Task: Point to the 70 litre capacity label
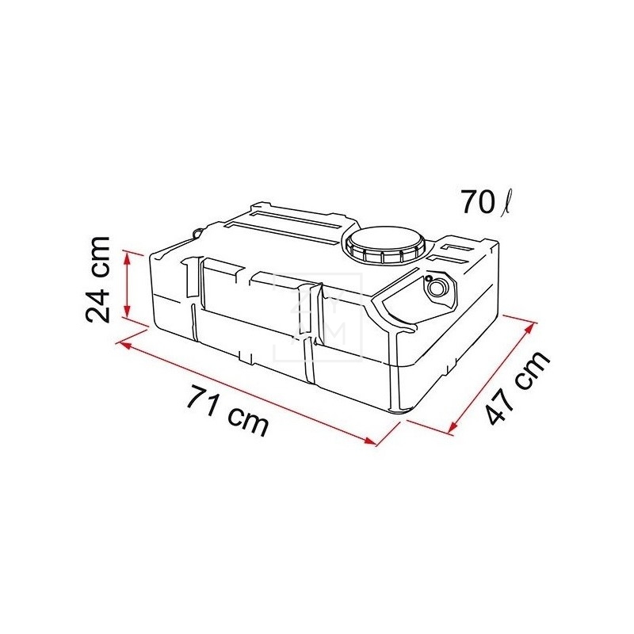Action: tap(484, 203)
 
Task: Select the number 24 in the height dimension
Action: tap(101, 301)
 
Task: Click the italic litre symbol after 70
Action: tap(505, 204)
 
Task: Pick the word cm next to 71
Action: tap(246, 421)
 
